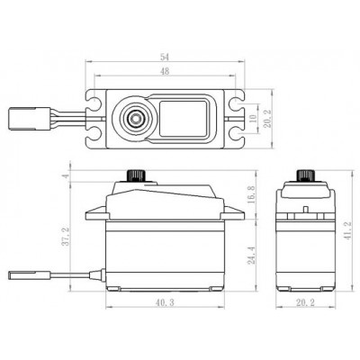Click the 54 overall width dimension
pyautogui.click(x=166, y=56)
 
